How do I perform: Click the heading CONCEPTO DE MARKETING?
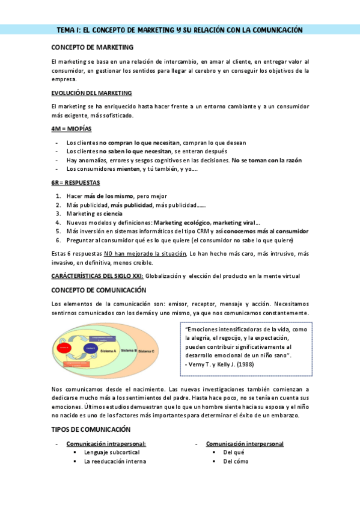pos(93,47)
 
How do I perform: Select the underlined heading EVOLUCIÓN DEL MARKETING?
pos(91,93)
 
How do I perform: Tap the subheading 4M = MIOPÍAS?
pos(72,129)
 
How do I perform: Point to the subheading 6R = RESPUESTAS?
pos(76,182)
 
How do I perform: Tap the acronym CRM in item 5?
pos(201,231)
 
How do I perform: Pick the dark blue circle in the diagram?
pos(91,348)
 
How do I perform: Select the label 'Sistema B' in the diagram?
pos(128,349)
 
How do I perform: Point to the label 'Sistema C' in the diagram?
pos(145,351)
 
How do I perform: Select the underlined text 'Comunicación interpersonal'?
pos(245,444)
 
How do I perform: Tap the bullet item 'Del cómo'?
pos(236,461)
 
